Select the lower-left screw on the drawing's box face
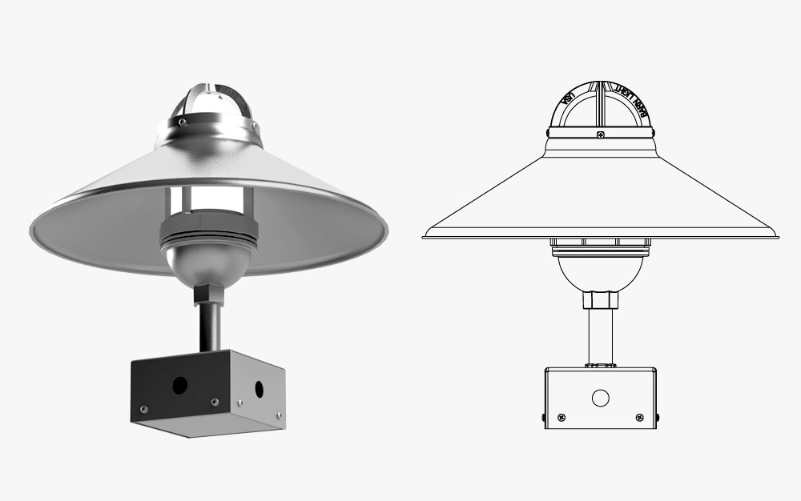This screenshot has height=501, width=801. (561, 417)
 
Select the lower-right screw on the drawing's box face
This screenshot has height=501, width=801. (639, 417)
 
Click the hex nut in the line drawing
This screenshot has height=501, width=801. (600, 300)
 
